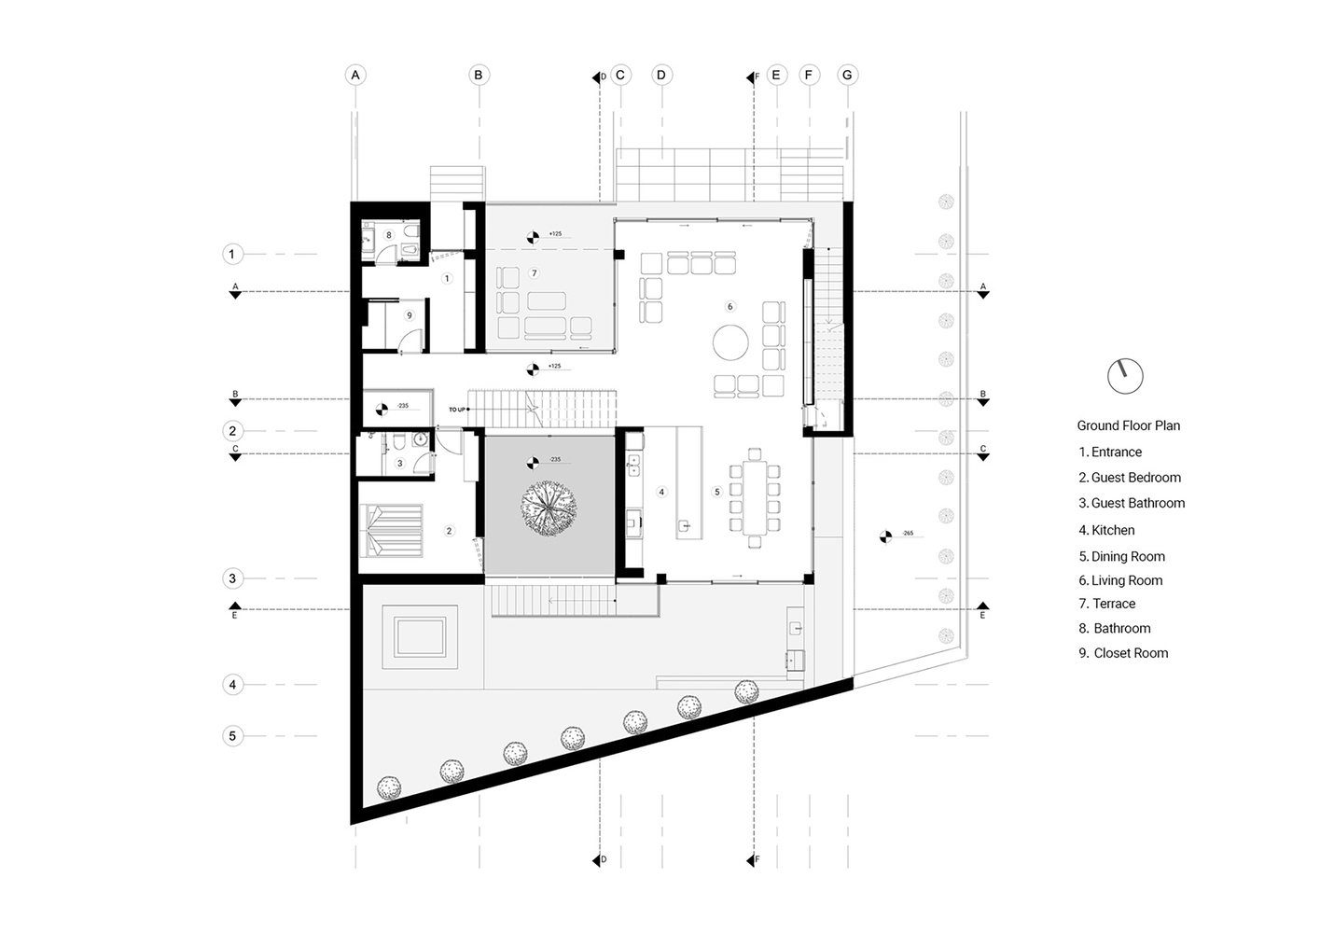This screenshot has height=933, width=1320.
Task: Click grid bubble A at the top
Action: coord(354,75)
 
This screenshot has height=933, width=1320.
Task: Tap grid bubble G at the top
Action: coord(847,75)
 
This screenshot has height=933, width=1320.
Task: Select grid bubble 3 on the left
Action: coord(233,578)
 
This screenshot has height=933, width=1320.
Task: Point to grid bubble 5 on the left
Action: coord(233,736)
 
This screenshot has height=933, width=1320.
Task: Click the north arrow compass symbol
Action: coord(1125,376)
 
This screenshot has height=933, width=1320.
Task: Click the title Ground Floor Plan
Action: coord(1128,425)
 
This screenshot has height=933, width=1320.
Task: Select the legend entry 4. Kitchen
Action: coord(1106,530)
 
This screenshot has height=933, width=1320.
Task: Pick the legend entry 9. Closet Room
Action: coord(1123,653)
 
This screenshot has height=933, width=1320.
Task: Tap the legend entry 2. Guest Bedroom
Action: coord(1130,477)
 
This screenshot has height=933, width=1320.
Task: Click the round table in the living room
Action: coord(730,342)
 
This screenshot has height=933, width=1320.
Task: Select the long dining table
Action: coord(755,498)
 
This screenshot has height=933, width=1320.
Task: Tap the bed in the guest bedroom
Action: coord(391,530)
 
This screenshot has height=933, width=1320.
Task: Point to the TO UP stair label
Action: coord(456,410)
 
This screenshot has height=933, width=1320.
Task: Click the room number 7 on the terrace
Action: coord(534,273)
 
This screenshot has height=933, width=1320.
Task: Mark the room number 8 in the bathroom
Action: coord(389,235)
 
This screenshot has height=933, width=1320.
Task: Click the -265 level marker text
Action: coord(907,534)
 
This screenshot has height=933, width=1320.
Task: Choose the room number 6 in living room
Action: coord(730,306)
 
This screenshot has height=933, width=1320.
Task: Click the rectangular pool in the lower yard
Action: coord(420,637)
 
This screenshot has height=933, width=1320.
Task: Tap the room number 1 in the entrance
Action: coord(447,278)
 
